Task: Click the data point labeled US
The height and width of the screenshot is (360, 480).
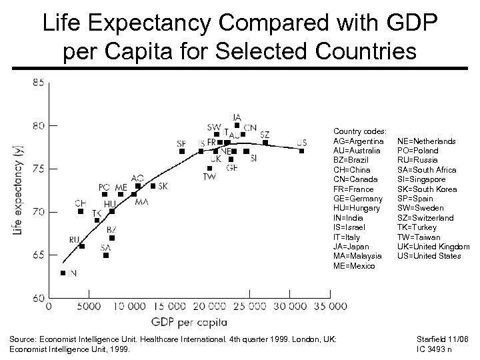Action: pos(302,151)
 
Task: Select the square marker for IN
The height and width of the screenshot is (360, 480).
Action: pos(63,273)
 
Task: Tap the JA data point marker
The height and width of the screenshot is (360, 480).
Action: pos(237,125)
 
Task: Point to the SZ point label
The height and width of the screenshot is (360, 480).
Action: pos(265,135)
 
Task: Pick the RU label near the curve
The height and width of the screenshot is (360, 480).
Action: pos(75,239)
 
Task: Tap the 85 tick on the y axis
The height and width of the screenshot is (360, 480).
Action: pos(38,83)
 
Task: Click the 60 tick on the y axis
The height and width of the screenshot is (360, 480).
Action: pos(38,297)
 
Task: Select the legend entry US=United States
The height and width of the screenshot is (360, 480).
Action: pos(429,256)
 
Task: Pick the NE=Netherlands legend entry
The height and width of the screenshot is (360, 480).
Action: pos(427,141)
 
